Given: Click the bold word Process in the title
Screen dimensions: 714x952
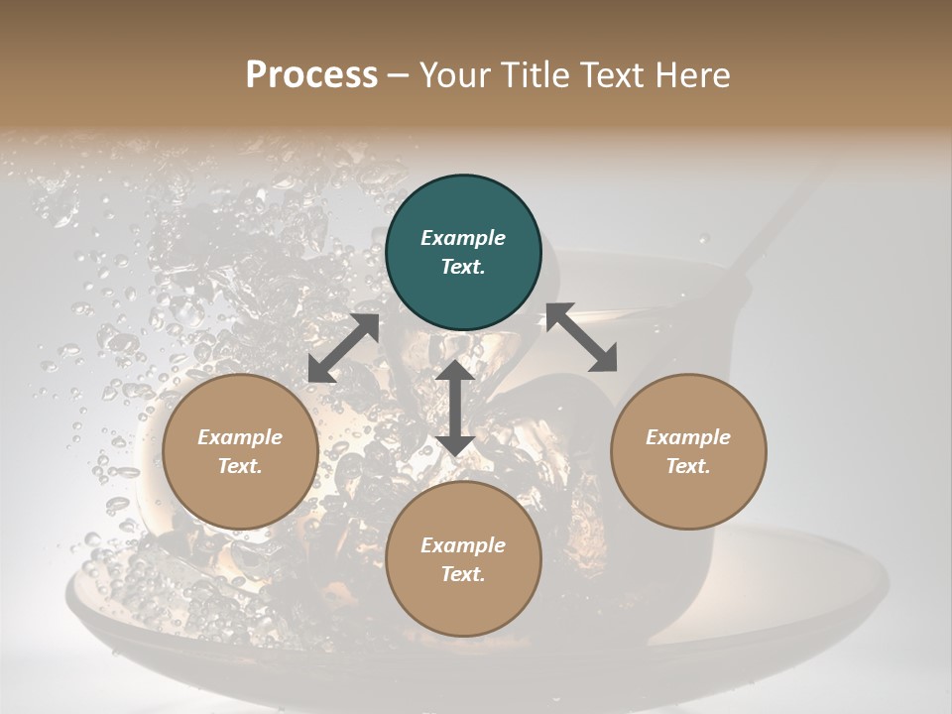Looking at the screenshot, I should (x=311, y=75).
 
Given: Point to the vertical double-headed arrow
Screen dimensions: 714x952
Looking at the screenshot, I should (x=455, y=408).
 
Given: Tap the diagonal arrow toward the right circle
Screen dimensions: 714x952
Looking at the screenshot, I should (x=581, y=338).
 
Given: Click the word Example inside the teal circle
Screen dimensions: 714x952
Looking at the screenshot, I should (x=463, y=238).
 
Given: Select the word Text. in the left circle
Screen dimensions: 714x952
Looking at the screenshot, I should (x=240, y=466).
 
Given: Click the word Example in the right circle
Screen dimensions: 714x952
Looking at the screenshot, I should (x=688, y=437).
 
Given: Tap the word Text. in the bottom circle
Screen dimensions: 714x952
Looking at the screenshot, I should (x=463, y=574).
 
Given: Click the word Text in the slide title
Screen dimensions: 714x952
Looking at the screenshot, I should (x=611, y=75).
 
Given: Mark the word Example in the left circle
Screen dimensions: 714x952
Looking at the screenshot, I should (x=240, y=437).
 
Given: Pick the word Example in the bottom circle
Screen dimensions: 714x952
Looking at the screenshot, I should (x=463, y=545).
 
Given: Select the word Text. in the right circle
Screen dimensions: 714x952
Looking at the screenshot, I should (x=688, y=466).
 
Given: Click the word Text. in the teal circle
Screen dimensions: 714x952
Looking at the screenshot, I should (x=463, y=267).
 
